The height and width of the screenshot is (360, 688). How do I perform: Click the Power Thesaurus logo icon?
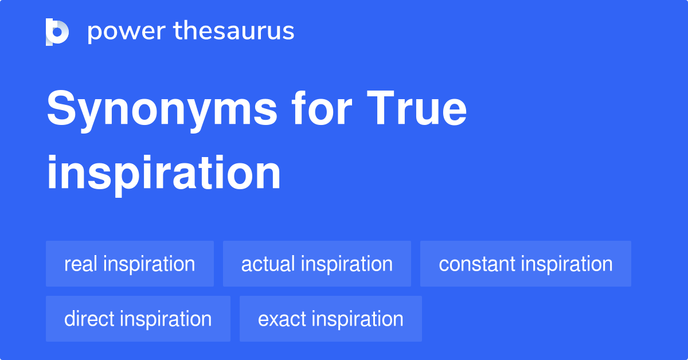(x=57, y=32)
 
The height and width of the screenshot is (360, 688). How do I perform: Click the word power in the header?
(x=127, y=32)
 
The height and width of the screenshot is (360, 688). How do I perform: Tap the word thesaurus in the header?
(x=234, y=30)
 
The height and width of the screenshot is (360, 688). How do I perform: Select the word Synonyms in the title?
(x=162, y=110)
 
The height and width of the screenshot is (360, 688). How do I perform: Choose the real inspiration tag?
(x=130, y=264)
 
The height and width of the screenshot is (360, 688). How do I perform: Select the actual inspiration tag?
(x=317, y=264)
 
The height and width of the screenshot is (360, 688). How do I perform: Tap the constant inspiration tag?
(x=526, y=264)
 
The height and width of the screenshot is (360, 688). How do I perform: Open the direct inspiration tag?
(x=138, y=319)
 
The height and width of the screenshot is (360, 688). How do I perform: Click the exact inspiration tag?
(x=331, y=319)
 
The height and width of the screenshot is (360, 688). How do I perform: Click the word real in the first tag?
(x=80, y=264)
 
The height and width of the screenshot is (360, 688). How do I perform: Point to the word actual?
(x=268, y=264)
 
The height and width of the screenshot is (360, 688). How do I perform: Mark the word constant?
(x=476, y=264)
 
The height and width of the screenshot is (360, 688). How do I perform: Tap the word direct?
(x=89, y=319)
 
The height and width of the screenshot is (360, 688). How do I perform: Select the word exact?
(x=282, y=319)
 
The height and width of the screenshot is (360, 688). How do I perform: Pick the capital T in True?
(x=381, y=108)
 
